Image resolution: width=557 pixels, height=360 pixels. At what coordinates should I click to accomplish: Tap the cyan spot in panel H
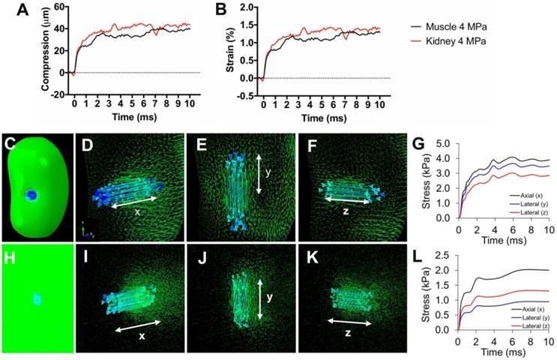pos(37,299)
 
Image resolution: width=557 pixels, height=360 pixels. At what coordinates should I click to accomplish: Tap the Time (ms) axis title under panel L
pos(502,351)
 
